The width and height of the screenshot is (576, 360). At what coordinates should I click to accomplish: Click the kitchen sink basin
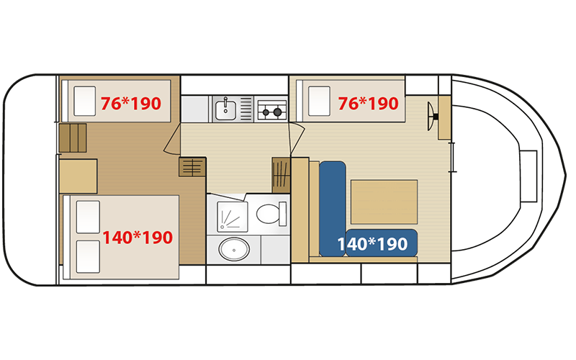[225, 109]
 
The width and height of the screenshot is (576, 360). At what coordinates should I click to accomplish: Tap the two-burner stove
[272, 109]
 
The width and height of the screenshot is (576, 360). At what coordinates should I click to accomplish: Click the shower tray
[232, 217]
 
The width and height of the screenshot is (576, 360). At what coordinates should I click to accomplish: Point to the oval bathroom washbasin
[234, 249]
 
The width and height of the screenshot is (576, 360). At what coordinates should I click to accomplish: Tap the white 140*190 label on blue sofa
[372, 244]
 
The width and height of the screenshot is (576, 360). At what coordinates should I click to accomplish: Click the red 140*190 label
[138, 238]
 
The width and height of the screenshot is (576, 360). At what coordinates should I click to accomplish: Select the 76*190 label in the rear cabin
[131, 104]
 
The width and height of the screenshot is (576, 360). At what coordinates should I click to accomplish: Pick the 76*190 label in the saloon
[368, 104]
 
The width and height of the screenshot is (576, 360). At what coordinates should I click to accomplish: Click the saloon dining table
[384, 202]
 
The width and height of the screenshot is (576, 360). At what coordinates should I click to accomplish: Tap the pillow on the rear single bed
[84, 101]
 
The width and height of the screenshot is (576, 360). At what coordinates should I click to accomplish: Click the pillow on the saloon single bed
[319, 101]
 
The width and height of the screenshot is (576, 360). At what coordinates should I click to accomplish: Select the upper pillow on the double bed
[88, 217]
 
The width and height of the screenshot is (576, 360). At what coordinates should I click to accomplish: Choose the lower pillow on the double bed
[88, 257]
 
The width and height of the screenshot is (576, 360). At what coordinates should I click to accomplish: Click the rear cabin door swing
[172, 138]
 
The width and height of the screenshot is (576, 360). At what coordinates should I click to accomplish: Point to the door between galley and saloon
[297, 138]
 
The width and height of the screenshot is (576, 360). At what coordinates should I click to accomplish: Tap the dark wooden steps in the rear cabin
[73, 138]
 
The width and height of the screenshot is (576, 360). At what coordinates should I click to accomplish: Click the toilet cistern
[282, 214]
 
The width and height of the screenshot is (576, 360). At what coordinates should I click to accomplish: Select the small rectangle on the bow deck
[528, 176]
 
